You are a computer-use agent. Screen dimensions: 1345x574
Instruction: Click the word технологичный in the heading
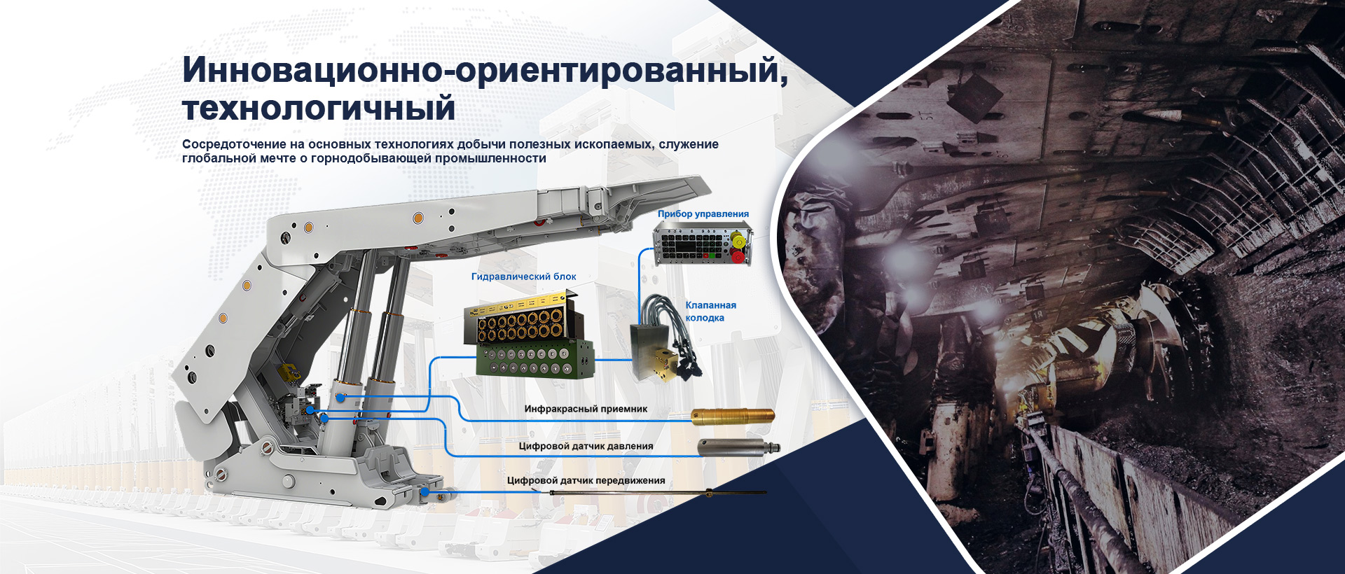pos(319,108)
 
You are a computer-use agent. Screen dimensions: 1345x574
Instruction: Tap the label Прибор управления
pos(703,214)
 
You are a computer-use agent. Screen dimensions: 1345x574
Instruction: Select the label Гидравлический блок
pos(524,276)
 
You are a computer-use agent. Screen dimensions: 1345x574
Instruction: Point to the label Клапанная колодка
pos(710,311)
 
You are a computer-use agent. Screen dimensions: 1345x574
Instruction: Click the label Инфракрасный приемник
pos(586,409)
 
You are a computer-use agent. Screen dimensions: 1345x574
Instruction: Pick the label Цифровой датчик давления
pos(586,446)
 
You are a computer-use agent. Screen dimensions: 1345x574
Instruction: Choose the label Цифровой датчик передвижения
pos(586,480)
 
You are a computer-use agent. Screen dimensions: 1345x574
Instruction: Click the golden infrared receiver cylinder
pos(733,416)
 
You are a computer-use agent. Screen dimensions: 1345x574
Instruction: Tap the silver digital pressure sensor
pos(738,447)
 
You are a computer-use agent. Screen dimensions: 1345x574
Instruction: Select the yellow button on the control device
pos(738,241)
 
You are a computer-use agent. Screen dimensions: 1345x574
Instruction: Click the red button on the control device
pos(738,256)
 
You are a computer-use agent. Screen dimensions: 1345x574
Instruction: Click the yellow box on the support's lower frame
pos(287,372)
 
